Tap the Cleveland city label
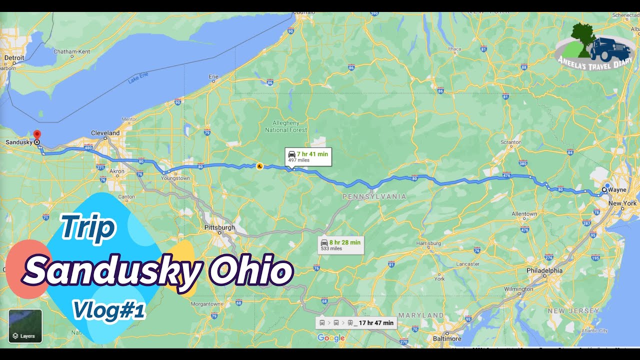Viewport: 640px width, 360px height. (x=105, y=133)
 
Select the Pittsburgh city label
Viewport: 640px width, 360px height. (x=219, y=227)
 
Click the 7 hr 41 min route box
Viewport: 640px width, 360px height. (x=308, y=156)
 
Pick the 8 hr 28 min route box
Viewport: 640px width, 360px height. (x=340, y=245)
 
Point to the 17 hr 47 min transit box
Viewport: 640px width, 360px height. (x=356, y=323)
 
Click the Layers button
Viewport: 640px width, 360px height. (x=25, y=326)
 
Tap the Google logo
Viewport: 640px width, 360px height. (x=331, y=338)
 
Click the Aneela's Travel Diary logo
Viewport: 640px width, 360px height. (x=595, y=46)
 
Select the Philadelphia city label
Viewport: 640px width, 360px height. (x=544, y=270)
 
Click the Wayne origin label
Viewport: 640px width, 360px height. (x=617, y=190)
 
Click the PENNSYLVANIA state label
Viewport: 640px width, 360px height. (x=374, y=197)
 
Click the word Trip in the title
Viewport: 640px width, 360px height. (x=88, y=227)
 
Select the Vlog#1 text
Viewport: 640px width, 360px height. (x=108, y=310)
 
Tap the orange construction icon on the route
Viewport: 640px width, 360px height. (x=259, y=166)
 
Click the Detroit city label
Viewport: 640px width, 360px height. (x=14, y=58)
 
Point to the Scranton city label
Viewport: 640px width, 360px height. (x=511, y=142)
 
